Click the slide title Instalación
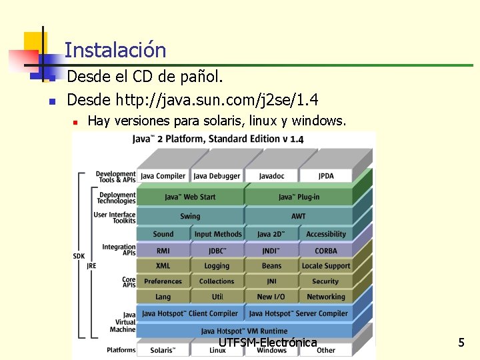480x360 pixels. tap(115, 50)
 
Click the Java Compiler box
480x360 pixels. tap(163, 176)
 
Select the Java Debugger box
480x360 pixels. tap(217, 176)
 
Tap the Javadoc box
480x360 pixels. tap(271, 176)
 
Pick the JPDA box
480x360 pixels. tap(326, 176)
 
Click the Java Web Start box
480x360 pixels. tap(190, 197)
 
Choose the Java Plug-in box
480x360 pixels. tap(299, 197)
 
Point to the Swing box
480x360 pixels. tap(190, 216)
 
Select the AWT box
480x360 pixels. tap(299, 216)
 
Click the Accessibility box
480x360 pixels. tap(326, 234)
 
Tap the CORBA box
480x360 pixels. tap(326, 251)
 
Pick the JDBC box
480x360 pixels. tap(217, 251)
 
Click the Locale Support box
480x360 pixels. tap(326, 266)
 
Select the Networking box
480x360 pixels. tap(326, 297)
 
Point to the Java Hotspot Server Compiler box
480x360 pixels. tap(299, 313)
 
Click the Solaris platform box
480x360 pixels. tap(163, 350)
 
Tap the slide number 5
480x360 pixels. tap(461, 343)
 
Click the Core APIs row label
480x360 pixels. tap(129, 282)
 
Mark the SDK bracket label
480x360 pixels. tap(79, 256)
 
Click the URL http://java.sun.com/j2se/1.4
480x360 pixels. tap(217, 100)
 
